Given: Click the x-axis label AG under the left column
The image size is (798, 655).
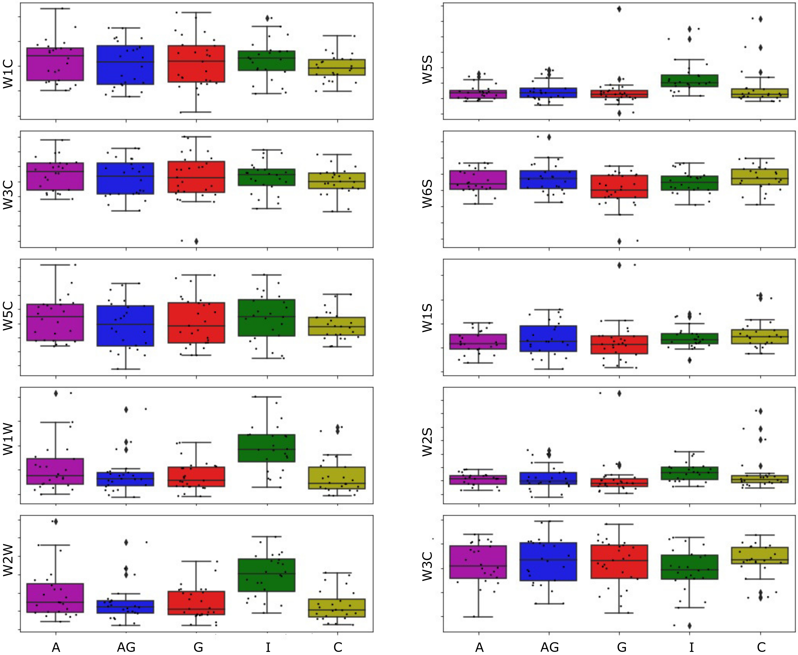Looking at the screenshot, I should (x=126, y=647).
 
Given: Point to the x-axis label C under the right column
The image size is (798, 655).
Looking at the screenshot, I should (x=761, y=647).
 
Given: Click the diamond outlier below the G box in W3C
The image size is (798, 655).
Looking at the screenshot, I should (x=196, y=241).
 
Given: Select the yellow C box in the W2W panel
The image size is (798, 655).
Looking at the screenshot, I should (x=337, y=608).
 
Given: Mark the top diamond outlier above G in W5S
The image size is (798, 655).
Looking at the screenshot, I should (x=619, y=9).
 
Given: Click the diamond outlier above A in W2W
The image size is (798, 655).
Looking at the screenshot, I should (x=56, y=521).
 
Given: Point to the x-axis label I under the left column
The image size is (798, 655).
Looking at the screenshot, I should (x=267, y=647).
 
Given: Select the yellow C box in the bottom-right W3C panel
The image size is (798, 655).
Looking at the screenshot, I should (x=760, y=556).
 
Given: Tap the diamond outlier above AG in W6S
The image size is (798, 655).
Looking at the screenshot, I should (x=549, y=137).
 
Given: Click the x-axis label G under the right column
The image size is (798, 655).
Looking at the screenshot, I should (x=621, y=647).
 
